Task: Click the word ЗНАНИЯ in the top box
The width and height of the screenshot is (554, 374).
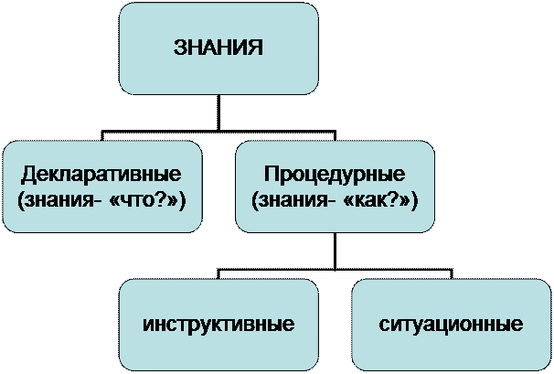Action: point(218,48)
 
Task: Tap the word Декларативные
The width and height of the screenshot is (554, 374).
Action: point(101,174)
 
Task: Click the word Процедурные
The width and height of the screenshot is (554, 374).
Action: point(335,174)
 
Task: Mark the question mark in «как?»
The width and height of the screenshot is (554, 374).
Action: point(396,198)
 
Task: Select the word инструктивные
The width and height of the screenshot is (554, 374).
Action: point(218,325)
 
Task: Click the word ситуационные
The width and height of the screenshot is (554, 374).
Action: point(451,325)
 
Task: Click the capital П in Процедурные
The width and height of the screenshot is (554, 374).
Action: point(271,174)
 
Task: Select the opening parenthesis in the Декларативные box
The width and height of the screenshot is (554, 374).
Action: point(21,198)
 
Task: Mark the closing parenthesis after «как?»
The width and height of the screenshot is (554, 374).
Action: point(414,198)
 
